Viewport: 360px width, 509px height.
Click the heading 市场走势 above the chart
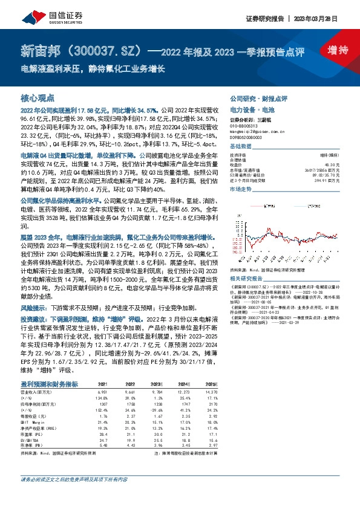241,189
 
